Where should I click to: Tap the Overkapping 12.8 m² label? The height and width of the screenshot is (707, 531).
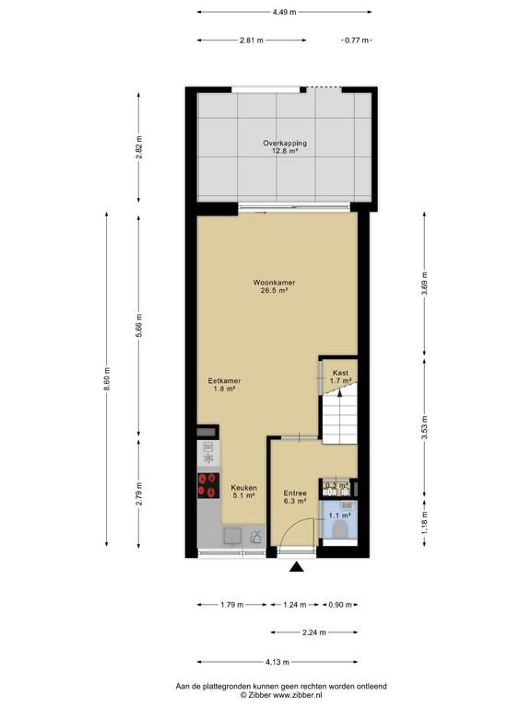point(285,147)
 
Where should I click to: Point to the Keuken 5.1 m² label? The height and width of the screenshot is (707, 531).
point(243,492)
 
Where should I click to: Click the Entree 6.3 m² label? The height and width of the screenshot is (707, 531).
point(295,497)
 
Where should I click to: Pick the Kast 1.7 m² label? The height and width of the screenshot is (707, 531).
point(340,377)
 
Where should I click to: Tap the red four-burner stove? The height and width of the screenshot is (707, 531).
point(208,485)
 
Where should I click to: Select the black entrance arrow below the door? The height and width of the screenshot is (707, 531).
point(296,567)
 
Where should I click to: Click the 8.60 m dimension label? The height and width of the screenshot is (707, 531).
point(107,379)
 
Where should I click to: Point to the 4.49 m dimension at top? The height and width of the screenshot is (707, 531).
point(285,12)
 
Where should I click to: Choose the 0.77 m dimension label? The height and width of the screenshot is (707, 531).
point(357,41)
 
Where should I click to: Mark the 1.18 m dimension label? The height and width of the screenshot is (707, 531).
point(424,522)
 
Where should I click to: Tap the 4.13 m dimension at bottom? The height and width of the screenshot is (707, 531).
point(277,662)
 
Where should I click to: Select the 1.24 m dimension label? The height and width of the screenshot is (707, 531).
point(295,605)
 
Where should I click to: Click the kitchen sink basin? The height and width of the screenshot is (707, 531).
point(233,536)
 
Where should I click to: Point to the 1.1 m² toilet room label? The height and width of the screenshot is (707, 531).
point(339,516)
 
